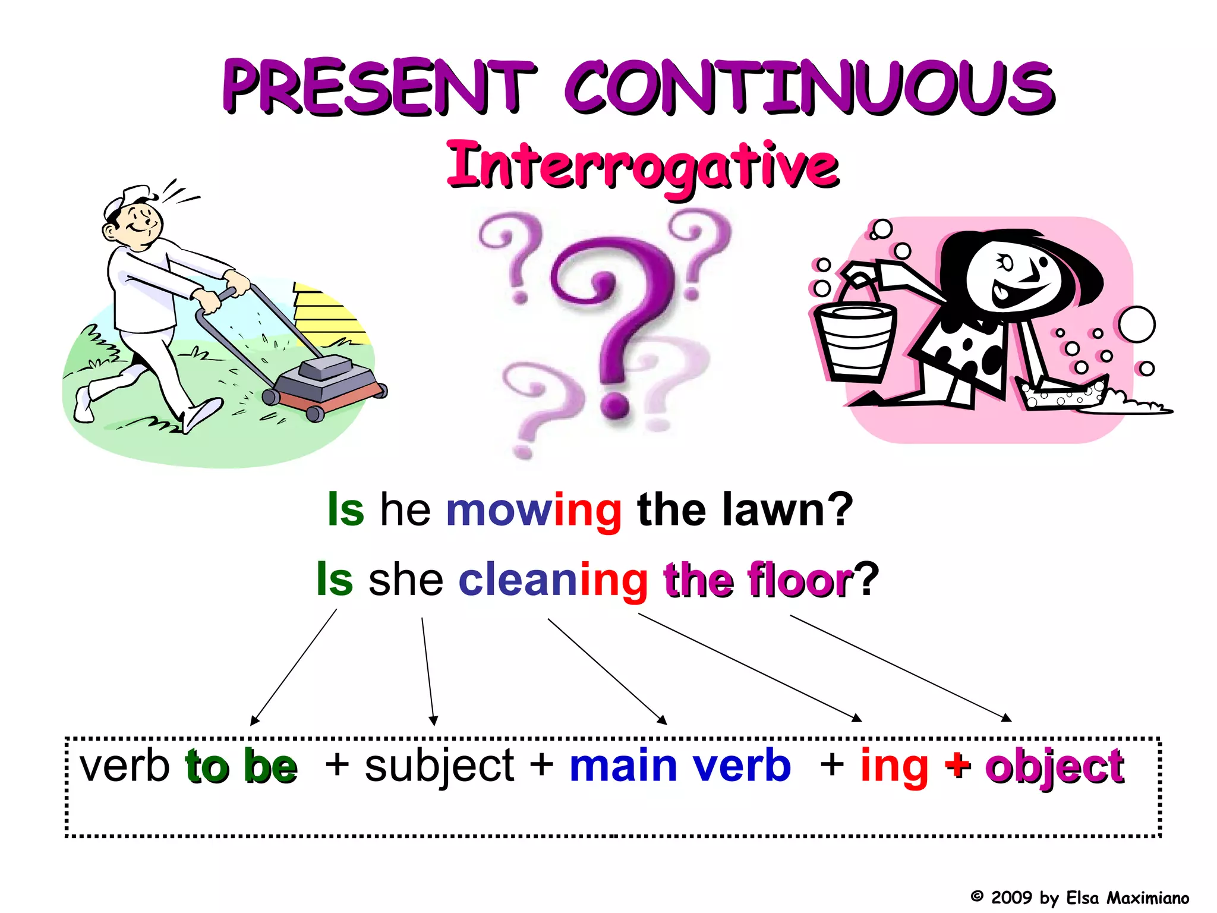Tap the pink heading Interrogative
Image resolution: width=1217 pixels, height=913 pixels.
pyautogui.click(x=642, y=165)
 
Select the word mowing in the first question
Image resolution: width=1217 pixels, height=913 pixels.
pyautogui.click(x=534, y=510)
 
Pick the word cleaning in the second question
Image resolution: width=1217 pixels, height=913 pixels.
pyautogui.click(x=553, y=580)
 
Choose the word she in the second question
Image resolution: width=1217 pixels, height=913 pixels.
pyautogui.click(x=406, y=580)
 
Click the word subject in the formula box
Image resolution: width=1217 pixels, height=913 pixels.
pyautogui.click(x=439, y=767)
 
